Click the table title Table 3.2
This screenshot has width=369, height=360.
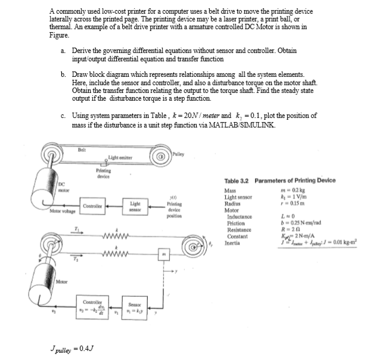click(238, 181)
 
